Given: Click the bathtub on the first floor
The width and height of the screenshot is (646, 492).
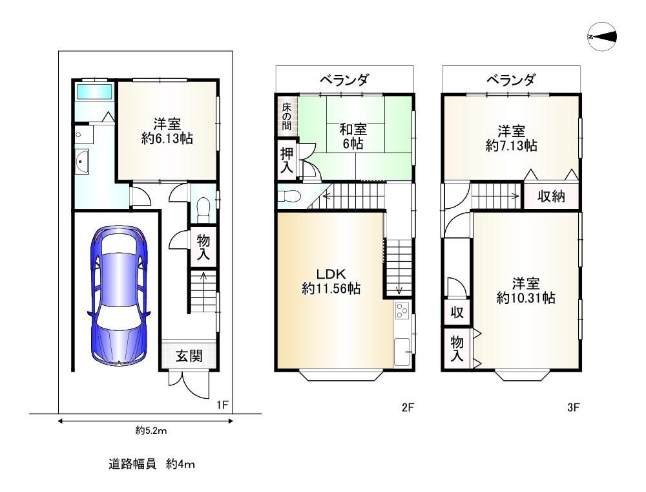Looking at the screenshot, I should coord(94,91).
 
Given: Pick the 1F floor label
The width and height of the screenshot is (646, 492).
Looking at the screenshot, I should coord(223,405).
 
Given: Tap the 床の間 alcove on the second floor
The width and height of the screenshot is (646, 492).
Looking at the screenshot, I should coord(286,116).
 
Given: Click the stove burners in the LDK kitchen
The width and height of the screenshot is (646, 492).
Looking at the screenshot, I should coord(402,311).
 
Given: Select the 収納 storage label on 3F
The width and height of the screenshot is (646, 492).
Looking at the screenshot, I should coord(552,197).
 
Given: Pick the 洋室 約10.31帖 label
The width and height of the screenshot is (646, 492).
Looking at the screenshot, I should coord(526,290).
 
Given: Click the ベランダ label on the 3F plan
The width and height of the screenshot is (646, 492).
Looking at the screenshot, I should coord(511,80).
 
